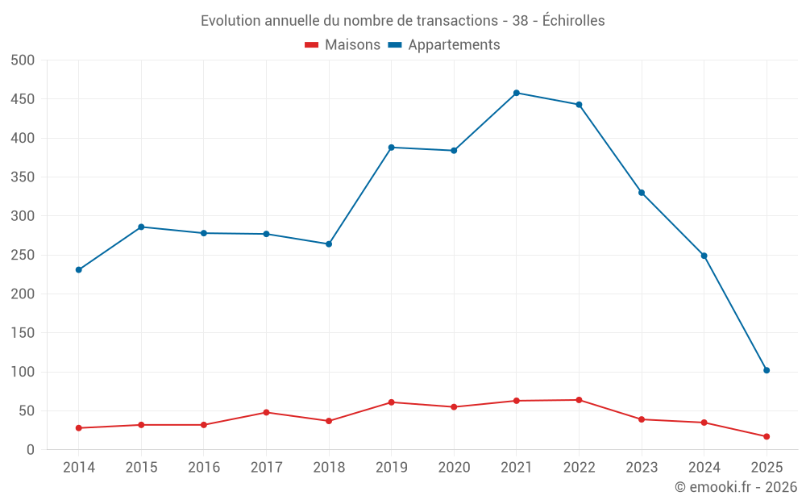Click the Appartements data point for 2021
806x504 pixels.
pos(517,93)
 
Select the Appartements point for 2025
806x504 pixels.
pos(767,370)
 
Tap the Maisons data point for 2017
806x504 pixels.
pos(266,412)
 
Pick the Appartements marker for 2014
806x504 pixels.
pos(79,269)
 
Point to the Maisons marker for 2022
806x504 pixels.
pos(579,400)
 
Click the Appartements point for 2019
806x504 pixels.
pos(391,148)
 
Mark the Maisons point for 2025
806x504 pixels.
pos(767,436)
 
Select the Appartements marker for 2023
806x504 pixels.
pos(642,193)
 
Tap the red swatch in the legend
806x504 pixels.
pos(312,45)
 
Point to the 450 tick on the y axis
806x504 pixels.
pos(23,99)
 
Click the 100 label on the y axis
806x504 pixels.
pos(23,372)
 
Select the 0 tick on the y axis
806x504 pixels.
pos(31,450)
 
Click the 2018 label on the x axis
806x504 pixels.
pos(329,468)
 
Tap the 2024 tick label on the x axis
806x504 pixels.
pos(704,468)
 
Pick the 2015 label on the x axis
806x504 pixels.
pos(141,468)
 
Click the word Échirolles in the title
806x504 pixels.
pos(573,21)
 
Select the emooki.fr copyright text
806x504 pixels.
pos(736,487)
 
